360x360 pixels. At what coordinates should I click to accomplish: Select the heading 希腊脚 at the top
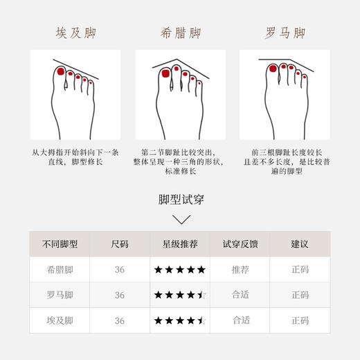click(180, 33)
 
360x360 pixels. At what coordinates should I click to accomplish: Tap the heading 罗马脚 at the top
click(285, 33)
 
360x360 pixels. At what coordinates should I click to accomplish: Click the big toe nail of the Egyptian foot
click(60, 72)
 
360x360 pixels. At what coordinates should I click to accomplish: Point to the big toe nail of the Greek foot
click(165, 73)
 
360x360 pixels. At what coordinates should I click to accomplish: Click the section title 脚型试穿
click(180, 200)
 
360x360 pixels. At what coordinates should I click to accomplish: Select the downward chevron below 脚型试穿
click(180, 220)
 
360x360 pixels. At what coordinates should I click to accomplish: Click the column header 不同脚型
click(60, 244)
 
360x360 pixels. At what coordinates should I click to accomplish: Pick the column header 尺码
click(120, 244)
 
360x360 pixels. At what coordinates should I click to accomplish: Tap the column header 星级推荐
click(180, 244)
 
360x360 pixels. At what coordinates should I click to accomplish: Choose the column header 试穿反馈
click(240, 244)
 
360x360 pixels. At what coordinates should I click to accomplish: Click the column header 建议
click(300, 244)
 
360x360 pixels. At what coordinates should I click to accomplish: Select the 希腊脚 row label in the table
click(60, 269)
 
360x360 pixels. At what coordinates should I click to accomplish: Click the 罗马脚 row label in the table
click(60, 295)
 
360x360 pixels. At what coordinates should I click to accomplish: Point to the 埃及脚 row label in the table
click(60, 320)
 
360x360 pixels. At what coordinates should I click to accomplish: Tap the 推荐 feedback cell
click(240, 269)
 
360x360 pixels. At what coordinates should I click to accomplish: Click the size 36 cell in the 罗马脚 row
click(120, 295)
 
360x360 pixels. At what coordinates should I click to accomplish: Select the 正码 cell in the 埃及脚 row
click(300, 320)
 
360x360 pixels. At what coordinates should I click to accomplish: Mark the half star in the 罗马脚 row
click(201, 295)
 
